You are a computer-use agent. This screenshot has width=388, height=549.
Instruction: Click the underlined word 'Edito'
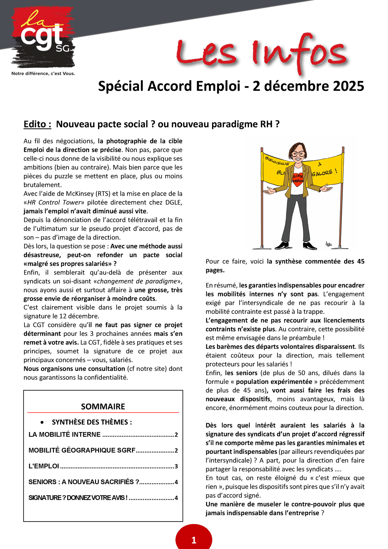[37, 124]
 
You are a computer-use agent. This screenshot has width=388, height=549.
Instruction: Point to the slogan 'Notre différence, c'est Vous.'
[43, 73]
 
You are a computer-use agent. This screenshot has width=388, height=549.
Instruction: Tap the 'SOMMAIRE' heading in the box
[103, 406]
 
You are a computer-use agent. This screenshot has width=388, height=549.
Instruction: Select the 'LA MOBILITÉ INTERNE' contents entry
[65, 435]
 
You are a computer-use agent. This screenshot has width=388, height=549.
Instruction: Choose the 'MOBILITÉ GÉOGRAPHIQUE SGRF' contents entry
[82, 450]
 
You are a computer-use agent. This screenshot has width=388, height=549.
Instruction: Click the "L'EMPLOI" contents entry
[44, 466]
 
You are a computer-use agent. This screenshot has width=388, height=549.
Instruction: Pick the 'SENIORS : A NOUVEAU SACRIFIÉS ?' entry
[84, 482]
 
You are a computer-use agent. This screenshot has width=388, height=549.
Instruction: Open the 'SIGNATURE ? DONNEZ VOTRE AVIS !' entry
[78, 498]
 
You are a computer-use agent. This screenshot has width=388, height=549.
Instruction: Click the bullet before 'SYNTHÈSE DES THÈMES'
[42, 423]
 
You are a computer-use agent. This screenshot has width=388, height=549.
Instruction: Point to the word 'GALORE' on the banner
[322, 173]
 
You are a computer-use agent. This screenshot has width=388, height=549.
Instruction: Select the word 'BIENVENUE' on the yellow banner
[277, 161]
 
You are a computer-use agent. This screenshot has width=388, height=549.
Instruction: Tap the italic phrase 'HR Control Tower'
[54, 202]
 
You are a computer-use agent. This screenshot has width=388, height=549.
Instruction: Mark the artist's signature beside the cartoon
[329, 243]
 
